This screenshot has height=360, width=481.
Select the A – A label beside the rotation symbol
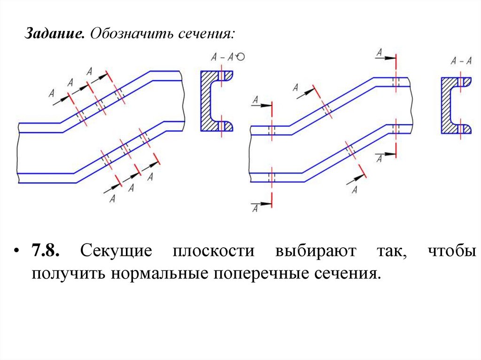pos(223,58)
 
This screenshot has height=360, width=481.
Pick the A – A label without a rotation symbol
pos(461,61)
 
